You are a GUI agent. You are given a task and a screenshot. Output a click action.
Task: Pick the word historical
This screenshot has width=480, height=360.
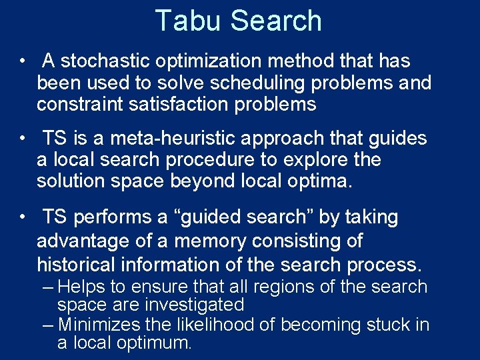pyautogui.click(x=75, y=264)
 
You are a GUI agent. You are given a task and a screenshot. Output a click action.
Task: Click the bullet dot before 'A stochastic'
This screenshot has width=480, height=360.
pyautogui.click(x=23, y=61)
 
